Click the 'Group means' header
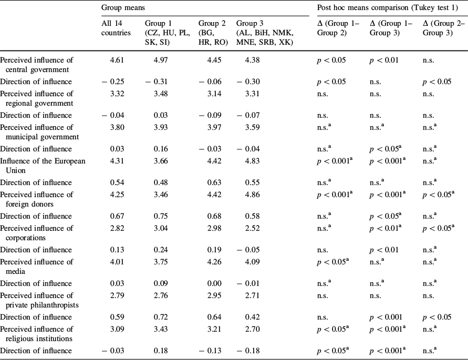click(120, 8)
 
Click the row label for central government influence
click(37, 65)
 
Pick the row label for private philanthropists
click(37, 300)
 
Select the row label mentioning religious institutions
click(37, 334)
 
